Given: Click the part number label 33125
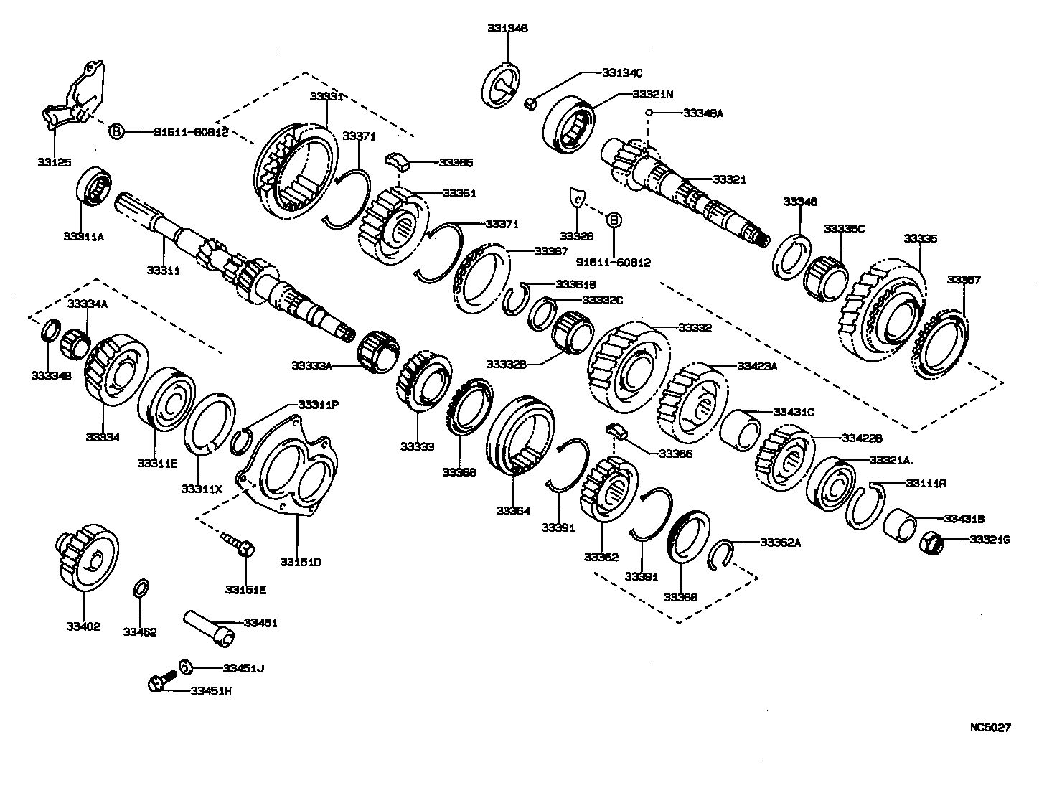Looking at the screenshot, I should point(55,162).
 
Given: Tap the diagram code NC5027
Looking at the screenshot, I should point(990,727).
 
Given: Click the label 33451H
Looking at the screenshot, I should point(211,691).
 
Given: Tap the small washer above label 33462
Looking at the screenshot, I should point(141,590).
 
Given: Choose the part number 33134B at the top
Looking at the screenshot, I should point(507,29).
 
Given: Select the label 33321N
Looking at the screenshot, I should point(653,94).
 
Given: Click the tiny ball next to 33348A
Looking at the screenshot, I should point(648,113).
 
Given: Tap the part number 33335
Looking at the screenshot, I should point(920,238).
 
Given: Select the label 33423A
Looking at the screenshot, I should point(757,366).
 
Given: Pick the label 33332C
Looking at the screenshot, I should point(602,299).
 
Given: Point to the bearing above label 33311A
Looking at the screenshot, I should point(93,186).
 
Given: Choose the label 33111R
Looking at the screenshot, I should point(926,484).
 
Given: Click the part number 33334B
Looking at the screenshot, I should point(51,375).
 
